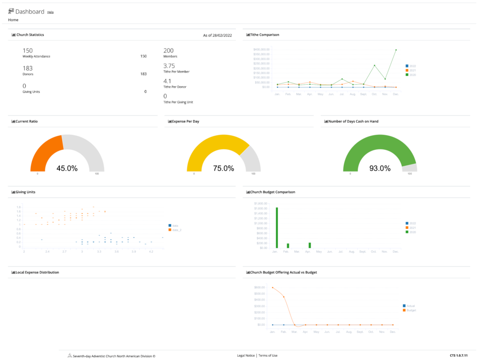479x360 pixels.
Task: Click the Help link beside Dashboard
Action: tap(51, 12)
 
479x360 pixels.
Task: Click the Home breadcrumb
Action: tap(13, 20)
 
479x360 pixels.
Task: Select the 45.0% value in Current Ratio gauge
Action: tap(67, 168)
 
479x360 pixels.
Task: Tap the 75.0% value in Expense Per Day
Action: tap(223, 168)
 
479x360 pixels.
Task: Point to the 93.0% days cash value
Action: tap(380, 168)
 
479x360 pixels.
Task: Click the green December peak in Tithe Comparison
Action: tap(396, 50)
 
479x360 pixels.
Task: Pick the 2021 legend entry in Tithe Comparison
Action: tap(412, 71)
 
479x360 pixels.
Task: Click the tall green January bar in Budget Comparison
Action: tap(277, 228)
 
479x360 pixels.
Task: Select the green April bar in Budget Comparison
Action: tap(310, 245)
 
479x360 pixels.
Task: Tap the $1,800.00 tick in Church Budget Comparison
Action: tap(260, 204)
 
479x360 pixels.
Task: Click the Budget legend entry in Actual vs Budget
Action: tap(411, 310)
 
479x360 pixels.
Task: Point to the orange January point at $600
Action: tap(272, 287)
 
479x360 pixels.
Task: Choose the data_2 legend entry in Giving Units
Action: tap(176, 230)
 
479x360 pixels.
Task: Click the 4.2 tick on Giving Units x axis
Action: tap(151, 251)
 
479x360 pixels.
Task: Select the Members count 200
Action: tap(168, 51)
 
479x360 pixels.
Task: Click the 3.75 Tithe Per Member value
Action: tap(169, 66)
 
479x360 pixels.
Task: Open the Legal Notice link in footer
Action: tap(246, 356)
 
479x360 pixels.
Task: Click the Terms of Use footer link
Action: tap(268, 356)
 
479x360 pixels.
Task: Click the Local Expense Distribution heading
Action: tap(37, 272)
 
